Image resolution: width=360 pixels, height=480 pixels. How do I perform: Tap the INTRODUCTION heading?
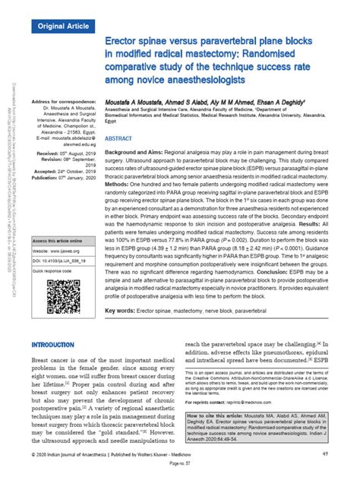click(57, 344)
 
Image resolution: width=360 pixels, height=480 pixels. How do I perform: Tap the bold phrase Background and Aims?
click(141, 153)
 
